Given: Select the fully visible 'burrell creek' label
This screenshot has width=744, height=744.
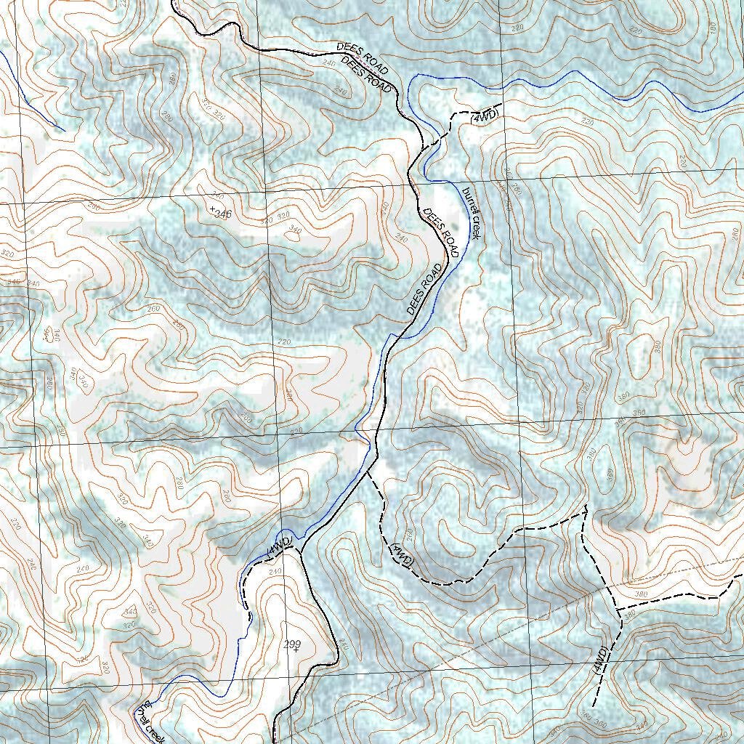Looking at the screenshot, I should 471,213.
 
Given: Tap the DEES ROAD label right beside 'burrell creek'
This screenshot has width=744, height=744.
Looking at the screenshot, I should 442,234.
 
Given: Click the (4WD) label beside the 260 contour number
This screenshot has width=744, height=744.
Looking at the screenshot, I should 402,555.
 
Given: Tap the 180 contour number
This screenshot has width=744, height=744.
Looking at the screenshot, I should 711,28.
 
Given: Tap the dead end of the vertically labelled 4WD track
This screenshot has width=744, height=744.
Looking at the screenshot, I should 594,705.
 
